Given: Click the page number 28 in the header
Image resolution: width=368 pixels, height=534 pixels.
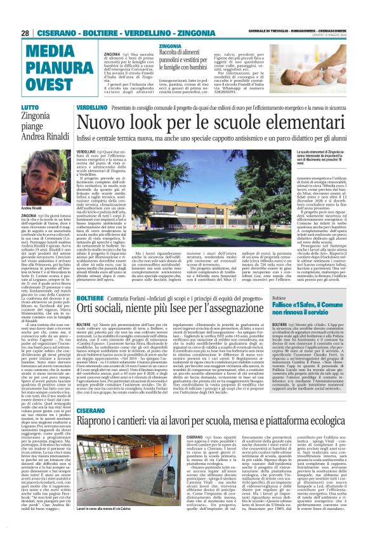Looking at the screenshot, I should (25, 33).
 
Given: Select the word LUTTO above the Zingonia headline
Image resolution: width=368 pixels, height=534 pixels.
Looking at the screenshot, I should (29, 108).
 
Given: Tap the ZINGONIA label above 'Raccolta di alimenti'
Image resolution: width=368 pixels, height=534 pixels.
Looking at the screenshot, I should (169, 47).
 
